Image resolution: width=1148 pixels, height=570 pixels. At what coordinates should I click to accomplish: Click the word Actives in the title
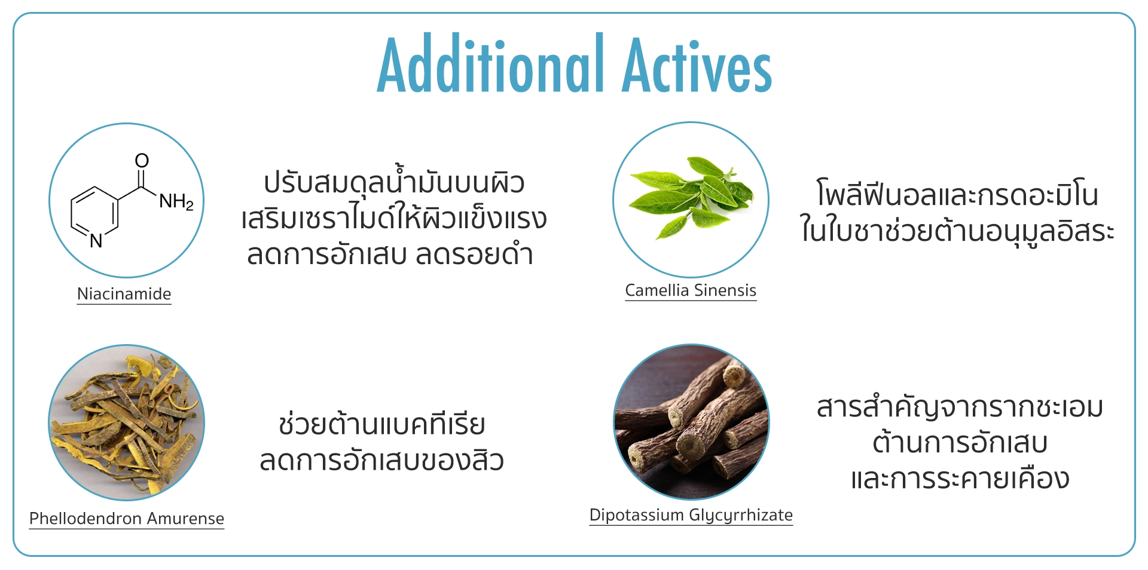click(x=697, y=65)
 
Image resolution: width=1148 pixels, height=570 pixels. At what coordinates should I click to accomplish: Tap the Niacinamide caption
click(x=124, y=294)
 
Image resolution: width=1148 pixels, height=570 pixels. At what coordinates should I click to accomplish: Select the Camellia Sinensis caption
click(x=691, y=290)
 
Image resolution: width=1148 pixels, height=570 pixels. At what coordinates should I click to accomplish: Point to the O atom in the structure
click(x=142, y=160)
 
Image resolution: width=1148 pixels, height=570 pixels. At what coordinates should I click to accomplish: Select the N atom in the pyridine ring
click(x=96, y=241)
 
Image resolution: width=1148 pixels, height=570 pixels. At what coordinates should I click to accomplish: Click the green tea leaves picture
click(x=691, y=199)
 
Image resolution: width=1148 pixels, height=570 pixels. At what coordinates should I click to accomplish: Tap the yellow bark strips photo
click(x=126, y=422)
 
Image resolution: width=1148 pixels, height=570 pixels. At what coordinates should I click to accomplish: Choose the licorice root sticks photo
click(x=691, y=421)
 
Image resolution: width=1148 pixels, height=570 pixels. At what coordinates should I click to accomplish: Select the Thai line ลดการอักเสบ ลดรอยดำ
click(x=390, y=254)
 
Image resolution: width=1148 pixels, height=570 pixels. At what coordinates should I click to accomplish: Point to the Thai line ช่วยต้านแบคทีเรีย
click(x=382, y=424)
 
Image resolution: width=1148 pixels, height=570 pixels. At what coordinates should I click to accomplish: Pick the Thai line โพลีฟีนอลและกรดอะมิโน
click(x=958, y=194)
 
